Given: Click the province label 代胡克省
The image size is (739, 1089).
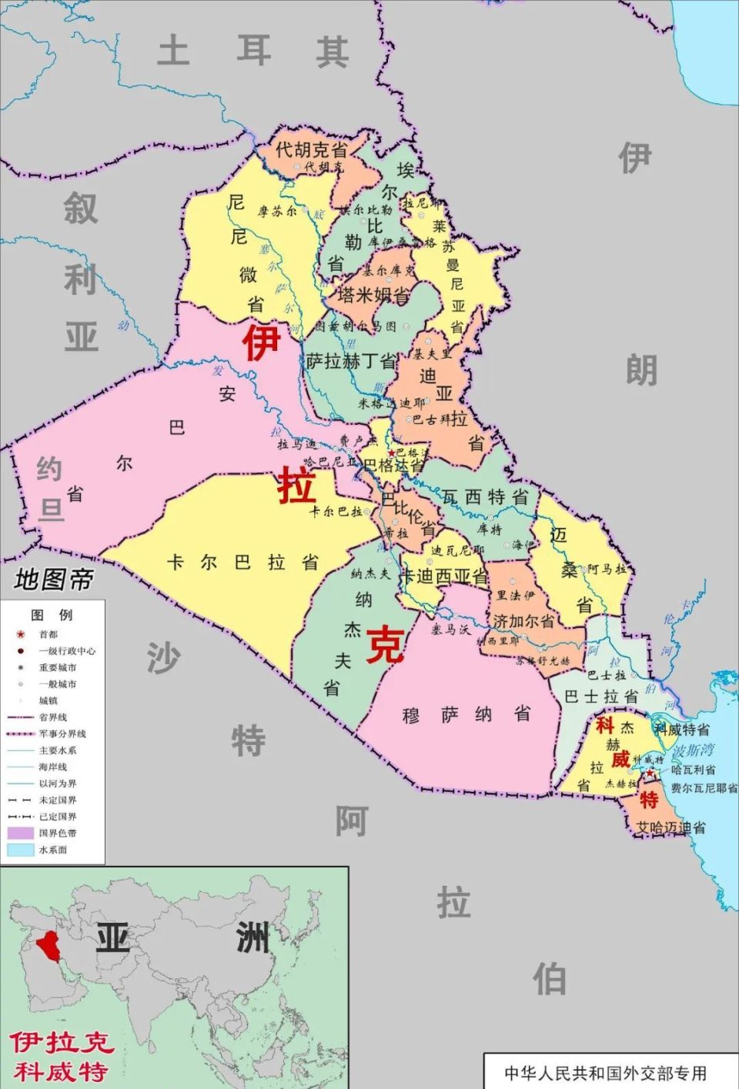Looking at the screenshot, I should pos(311,149).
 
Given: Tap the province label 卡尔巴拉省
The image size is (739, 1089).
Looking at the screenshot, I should pos(242,563).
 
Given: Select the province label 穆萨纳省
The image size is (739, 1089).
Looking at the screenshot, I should pos(466,715).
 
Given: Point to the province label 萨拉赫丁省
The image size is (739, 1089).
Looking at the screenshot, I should pos(352,361).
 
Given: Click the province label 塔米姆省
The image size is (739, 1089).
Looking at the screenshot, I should pos(373,295).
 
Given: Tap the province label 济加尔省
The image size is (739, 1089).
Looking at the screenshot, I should pos(523,620).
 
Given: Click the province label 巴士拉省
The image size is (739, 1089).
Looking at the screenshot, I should pos(601,696).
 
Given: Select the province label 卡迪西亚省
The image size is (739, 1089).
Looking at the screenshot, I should pos(445,576).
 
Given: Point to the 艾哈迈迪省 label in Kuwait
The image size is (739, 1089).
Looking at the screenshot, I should pos(670,828).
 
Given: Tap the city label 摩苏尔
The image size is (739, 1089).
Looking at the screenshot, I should pos(276,211).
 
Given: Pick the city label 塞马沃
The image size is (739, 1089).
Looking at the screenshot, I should pos(450,630).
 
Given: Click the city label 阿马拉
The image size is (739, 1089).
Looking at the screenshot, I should pos(607,570).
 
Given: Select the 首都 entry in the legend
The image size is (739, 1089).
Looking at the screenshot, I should pos(48,634).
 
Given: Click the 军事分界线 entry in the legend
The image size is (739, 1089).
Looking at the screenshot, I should pos(62,733).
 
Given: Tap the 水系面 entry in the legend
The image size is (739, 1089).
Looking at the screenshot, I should pos(52,850).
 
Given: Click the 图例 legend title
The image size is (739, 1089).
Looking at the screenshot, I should pos(52,614).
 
